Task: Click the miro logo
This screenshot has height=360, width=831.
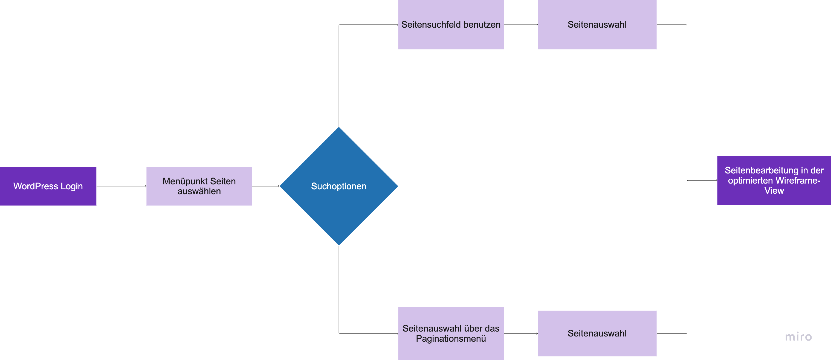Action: [x=798, y=337]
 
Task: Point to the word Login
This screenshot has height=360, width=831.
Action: [x=72, y=186]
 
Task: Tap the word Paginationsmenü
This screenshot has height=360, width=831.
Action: [x=451, y=339]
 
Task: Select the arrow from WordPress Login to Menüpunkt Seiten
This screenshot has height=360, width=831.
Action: [x=121, y=186]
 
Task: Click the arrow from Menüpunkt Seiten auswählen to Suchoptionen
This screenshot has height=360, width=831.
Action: [x=266, y=186]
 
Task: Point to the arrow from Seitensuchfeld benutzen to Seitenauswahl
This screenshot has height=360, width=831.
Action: [x=521, y=25]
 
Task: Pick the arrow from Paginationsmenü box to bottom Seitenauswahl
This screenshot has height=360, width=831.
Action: [x=521, y=333]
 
